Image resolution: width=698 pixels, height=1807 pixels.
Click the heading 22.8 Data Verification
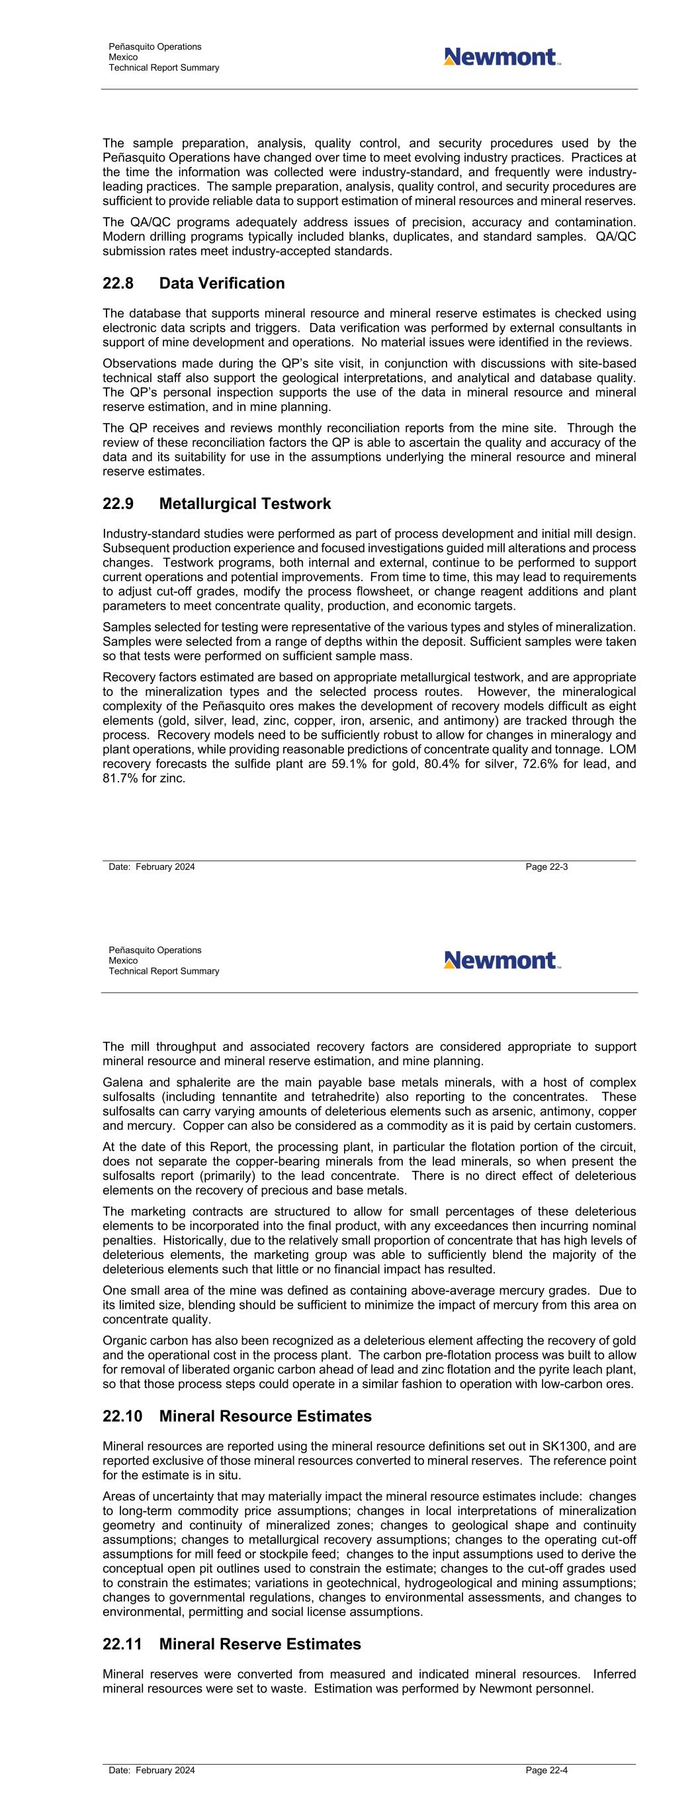[x=194, y=283]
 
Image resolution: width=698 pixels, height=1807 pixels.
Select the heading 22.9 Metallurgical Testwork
[x=217, y=504]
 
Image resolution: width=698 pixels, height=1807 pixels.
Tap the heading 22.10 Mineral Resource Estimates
[x=237, y=1416]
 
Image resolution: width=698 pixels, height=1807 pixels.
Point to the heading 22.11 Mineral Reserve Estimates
[x=232, y=1644]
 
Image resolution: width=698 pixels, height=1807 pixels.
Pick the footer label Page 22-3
[x=546, y=867]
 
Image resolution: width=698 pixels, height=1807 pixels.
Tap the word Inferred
[x=615, y=1675]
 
